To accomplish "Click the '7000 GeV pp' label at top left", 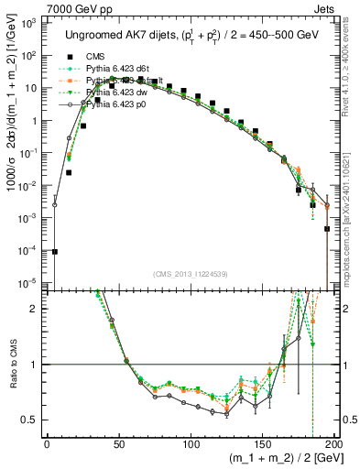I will pyautogui.click(x=44, y=6).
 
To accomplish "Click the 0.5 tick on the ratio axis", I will pyautogui.click(x=32, y=420).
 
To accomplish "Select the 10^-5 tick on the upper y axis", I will pyautogui.click(x=29, y=282).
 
